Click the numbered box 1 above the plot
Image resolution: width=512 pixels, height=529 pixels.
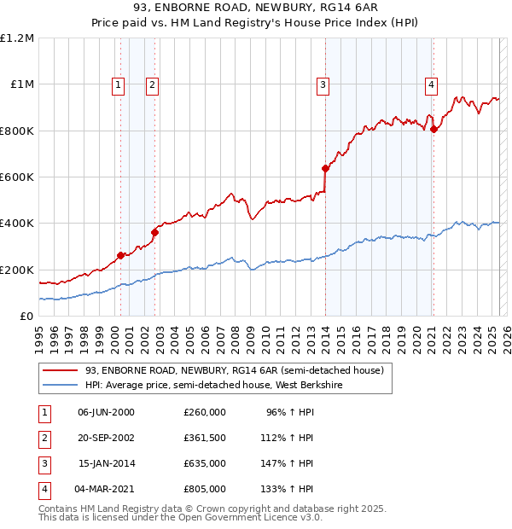pos(117,84)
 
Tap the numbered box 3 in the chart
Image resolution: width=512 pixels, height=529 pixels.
pos(323,84)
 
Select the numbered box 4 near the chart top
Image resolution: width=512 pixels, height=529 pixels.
pos(432,84)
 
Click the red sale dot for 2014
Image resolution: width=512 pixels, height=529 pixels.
pos(325,169)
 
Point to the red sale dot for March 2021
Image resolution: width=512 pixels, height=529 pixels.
pos(433,130)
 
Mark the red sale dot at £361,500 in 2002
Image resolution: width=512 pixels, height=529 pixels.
pos(155,232)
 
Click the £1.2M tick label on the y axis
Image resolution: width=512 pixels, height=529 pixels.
pos(17,38)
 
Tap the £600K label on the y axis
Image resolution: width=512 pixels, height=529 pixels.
pos(17,177)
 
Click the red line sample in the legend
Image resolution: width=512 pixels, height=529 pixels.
pos(59,370)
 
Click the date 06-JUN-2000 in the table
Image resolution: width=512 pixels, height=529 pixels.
pos(106,411)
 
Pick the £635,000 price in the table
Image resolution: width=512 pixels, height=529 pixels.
pos(204,464)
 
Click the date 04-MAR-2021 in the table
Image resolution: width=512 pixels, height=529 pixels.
pos(106,490)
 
